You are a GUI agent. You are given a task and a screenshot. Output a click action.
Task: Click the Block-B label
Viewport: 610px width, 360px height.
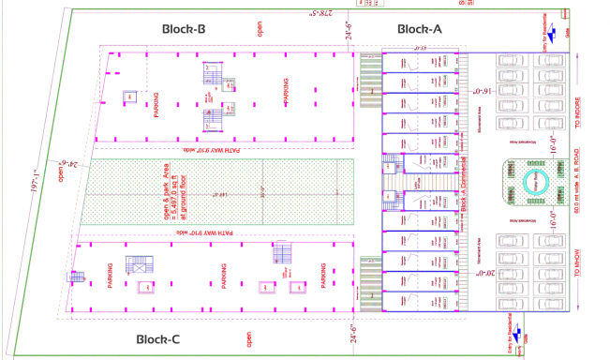point(184,29)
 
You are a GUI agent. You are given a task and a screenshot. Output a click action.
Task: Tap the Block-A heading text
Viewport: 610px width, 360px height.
point(419,29)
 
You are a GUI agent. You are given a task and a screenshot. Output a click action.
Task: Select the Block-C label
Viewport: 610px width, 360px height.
point(165,338)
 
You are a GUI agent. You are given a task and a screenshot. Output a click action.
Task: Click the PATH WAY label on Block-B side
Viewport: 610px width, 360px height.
point(217,149)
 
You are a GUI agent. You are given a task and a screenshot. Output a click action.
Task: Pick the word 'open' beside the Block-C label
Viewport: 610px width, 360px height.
point(249,338)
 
